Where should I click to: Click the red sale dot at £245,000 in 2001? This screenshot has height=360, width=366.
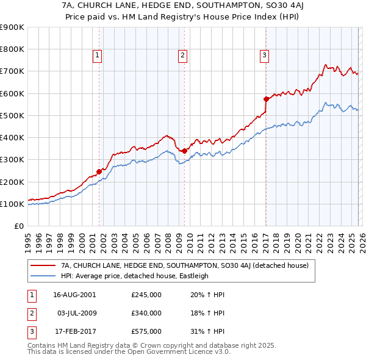(x=99, y=171)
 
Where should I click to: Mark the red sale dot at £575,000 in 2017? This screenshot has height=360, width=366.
(x=266, y=99)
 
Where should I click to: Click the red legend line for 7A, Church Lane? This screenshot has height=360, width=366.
(x=43, y=265)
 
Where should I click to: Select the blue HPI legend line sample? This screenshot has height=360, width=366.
(x=43, y=276)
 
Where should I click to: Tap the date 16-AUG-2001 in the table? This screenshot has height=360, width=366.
(x=74, y=295)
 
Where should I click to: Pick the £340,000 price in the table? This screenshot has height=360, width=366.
(x=146, y=313)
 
